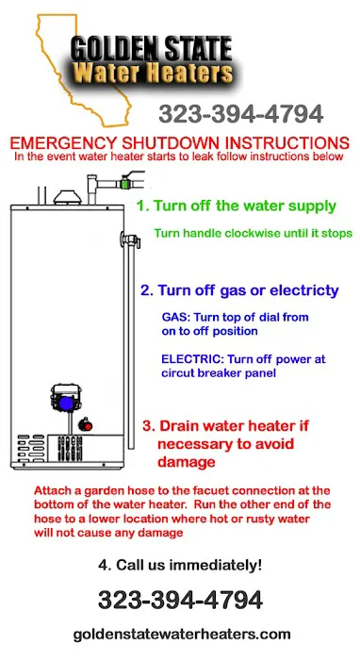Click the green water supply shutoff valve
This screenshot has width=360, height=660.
coord(124,184)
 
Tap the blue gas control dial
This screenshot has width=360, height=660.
coord(66,404)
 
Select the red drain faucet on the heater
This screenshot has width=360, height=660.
coord(86,425)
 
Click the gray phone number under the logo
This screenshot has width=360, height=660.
coord(240,114)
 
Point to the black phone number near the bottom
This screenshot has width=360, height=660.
coord(180,600)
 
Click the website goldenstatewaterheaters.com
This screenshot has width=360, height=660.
coord(182,634)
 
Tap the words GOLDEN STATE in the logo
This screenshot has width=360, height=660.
coord(152,48)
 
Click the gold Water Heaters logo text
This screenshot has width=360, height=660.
coord(154,73)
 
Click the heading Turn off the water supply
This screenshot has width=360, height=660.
coord(236,206)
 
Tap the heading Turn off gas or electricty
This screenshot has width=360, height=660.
coord(239,290)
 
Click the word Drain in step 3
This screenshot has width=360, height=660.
coord(180,425)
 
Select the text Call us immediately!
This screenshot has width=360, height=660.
coord(188,565)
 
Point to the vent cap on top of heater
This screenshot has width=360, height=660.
coord(67,196)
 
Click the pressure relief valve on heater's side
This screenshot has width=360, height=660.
coord(129,239)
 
